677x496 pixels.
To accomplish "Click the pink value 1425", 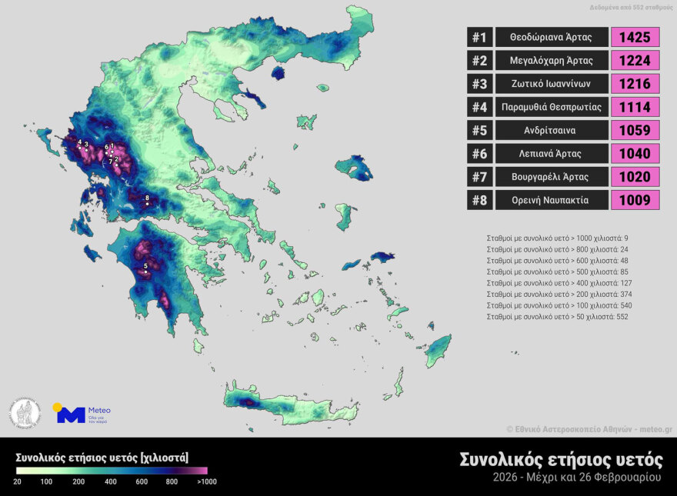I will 635,37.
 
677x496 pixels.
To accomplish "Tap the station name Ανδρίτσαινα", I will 551,131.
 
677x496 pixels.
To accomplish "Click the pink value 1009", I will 635,201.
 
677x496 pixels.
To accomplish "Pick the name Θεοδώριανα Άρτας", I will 551,37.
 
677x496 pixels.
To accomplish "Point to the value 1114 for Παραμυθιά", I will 635,107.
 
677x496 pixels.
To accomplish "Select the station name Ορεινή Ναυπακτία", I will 551,201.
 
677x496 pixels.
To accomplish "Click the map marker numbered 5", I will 145,271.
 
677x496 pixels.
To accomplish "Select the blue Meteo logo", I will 71,414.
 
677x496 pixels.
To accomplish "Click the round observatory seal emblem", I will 25,413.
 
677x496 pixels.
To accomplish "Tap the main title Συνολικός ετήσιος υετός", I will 560,459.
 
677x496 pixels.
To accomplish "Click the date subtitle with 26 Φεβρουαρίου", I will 577,478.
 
